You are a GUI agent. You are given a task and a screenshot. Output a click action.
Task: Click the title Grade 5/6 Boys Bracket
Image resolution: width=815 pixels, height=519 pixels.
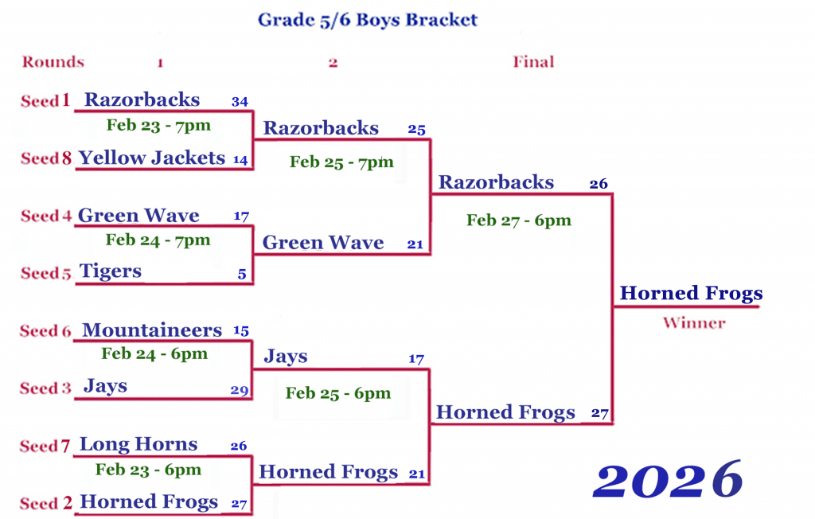coord(368,20)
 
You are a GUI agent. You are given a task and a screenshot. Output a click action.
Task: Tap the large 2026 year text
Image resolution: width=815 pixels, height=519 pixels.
coord(668,480)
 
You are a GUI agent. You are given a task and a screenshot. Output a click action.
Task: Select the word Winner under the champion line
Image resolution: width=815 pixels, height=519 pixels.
coord(694,323)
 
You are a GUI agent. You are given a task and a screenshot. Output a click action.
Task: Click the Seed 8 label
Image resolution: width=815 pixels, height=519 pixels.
coord(45,158)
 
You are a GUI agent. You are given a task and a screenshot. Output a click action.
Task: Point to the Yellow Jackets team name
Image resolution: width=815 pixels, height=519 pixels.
coord(152,158)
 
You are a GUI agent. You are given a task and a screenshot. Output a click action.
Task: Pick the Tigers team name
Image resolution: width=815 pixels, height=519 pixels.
coord(110,271)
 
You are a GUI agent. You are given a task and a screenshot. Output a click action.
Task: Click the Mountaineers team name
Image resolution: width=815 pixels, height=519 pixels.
coord(152,330)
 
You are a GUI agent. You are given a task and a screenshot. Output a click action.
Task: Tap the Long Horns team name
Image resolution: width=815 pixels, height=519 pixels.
coord(138,444)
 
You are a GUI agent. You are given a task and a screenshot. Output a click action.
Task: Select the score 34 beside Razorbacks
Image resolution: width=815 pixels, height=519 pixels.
coord(240,101)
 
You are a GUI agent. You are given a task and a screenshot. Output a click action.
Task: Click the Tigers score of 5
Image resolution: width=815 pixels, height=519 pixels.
coord(242,274)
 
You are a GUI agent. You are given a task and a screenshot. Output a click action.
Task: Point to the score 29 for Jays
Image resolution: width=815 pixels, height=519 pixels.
coord(240,390)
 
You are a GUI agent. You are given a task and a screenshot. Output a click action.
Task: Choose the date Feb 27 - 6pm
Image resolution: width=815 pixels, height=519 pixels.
coord(519,220)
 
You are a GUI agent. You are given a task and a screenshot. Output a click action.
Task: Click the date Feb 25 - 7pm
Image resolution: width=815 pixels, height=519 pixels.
coord(341,162)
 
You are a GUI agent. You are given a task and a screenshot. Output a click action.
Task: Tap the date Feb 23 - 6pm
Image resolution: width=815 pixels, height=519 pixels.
coord(148,470)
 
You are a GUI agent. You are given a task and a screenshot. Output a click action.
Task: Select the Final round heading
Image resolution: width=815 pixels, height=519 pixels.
coord(533,62)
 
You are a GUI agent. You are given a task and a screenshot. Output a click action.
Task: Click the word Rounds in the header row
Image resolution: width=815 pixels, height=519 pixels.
coord(53,62)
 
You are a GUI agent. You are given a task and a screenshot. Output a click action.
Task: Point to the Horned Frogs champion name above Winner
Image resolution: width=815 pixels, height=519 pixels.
coord(692,293)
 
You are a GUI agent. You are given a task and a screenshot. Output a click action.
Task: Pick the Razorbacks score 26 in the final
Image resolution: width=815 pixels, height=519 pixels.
coord(599,184)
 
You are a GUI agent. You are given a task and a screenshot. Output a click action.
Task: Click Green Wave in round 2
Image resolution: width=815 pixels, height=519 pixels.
coord(323,242)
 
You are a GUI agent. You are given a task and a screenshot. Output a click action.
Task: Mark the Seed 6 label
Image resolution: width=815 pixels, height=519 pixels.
coord(45,331)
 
